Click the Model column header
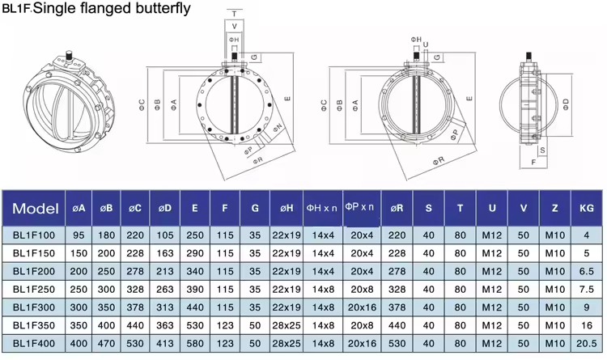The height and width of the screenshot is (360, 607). coord(36,208)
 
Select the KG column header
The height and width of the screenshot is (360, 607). coord(587,208)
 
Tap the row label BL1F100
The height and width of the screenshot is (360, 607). coord(34,235)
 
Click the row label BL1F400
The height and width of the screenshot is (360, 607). coord(34,343)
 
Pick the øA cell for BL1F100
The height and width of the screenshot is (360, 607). coord(79,235)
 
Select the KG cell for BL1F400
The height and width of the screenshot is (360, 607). coord(587,343)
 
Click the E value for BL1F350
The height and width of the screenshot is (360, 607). coord(195,325)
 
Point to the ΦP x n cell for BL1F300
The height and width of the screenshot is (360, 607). coord(362,307)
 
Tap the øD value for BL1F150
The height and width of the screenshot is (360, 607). coord(165,253)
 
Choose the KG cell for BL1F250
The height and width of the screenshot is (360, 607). coord(587,289)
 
